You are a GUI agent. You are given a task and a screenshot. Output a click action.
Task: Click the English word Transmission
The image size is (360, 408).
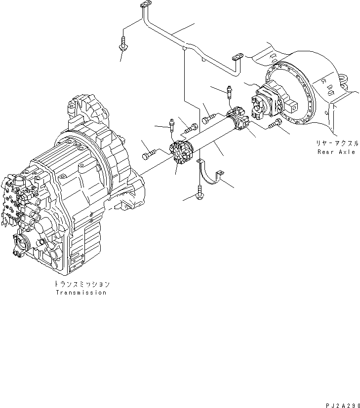(x=81, y=293)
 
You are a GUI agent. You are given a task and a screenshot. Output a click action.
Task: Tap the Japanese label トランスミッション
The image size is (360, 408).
(x=82, y=284)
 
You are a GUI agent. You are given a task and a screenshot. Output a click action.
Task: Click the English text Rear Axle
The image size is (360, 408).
(x=336, y=151)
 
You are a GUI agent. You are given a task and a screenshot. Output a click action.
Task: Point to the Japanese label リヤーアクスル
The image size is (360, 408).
(x=337, y=144)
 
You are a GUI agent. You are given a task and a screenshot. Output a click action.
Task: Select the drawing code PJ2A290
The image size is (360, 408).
(x=343, y=406)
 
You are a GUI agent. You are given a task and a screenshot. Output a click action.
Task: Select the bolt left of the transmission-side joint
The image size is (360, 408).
(x=149, y=154)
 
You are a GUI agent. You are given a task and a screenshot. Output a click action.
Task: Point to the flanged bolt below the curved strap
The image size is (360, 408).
(x=200, y=192)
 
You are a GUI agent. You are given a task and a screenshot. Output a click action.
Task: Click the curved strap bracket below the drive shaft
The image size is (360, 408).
(x=210, y=172)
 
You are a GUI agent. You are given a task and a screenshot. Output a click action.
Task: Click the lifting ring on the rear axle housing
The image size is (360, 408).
(x=343, y=80)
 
